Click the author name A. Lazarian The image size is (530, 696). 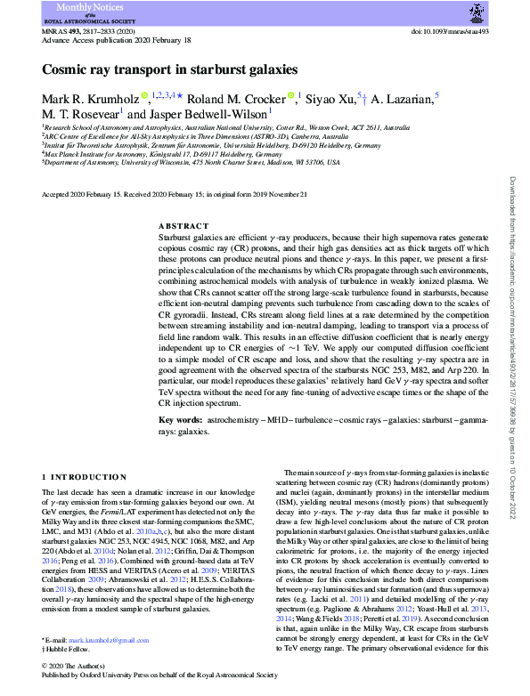pos(401,98)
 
